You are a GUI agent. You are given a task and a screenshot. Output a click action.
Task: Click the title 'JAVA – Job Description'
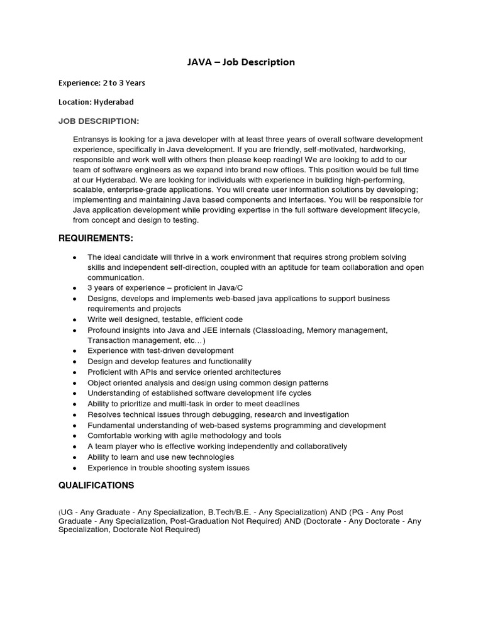tap(241, 62)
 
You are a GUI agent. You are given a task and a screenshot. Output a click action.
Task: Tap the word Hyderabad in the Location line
tap(113, 102)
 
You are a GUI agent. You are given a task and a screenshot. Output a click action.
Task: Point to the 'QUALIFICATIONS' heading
tap(96, 486)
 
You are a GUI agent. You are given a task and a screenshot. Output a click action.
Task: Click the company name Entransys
tap(93, 139)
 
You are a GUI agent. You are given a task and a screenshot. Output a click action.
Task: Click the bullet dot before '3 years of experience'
tap(75, 289)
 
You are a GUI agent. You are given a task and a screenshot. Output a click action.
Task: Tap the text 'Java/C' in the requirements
tap(230, 288)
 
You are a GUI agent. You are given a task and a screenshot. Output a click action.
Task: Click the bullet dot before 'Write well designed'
tap(75, 320)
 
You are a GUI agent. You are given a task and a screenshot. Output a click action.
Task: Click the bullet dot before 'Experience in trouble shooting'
tap(75, 469)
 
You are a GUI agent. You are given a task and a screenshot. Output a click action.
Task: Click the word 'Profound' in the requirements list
tap(103, 330)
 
